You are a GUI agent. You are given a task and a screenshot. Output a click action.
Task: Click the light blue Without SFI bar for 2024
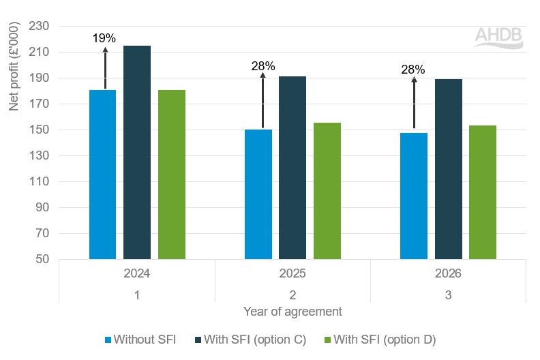(102, 175)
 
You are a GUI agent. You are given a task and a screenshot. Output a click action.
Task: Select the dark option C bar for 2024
(137, 153)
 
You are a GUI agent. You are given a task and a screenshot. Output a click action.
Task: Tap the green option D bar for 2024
(172, 175)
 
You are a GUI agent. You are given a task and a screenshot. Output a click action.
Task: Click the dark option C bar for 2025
(292, 168)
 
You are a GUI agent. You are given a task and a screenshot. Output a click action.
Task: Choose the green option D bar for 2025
(327, 191)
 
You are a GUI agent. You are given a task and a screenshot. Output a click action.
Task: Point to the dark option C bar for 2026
(448, 169)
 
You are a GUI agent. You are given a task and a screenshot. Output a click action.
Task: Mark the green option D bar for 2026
(483, 192)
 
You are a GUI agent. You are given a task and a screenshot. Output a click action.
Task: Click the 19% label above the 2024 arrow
(104, 39)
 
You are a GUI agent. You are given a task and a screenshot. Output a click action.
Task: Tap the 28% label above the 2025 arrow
(262, 66)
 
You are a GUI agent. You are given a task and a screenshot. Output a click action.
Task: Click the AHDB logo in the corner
(499, 37)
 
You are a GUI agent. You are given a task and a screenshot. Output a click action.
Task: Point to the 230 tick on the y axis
(40, 26)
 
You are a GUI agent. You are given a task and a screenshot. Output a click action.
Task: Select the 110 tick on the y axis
(40, 182)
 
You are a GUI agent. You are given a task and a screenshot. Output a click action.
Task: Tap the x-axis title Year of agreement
(292, 312)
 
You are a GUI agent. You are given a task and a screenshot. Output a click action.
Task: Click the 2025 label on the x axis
(292, 273)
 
